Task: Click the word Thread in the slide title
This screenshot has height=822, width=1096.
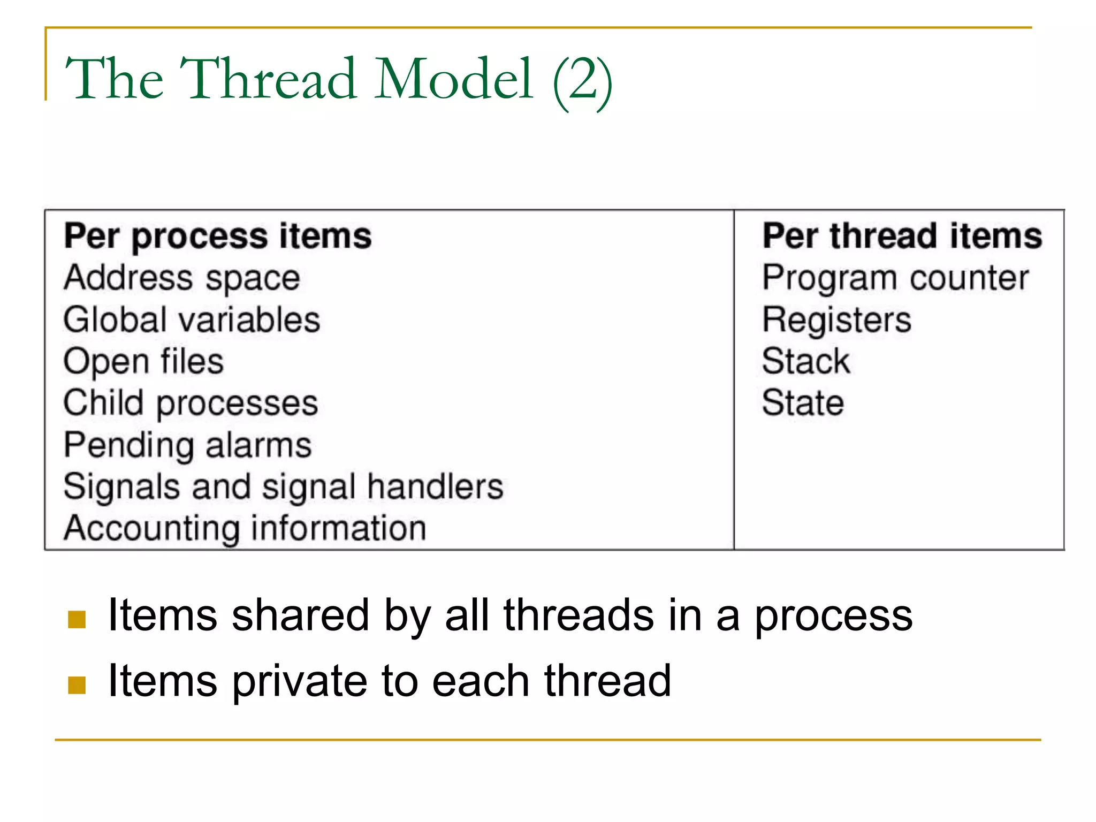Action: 268,79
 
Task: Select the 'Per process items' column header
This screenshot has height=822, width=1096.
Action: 218,237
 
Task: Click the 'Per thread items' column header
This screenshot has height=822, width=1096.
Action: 902,237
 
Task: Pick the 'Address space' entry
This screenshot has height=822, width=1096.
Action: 182,278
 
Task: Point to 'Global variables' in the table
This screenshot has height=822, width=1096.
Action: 192,320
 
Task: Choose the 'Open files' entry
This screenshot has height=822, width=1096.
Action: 143,362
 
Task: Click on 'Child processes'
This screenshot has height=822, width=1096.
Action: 191,404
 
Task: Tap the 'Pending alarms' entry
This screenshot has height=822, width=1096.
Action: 187,445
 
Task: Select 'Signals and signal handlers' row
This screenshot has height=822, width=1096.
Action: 284,487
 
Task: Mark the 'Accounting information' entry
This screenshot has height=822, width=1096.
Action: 245,529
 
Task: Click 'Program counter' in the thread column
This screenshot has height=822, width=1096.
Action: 895,278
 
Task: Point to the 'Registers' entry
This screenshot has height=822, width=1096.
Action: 836,320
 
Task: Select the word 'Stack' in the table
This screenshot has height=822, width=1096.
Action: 805,362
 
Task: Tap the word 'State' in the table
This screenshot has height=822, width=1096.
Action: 803,404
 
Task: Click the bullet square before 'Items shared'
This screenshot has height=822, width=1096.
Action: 77,619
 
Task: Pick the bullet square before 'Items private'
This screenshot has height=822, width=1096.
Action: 77,685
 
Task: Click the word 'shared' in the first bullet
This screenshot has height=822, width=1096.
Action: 300,615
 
